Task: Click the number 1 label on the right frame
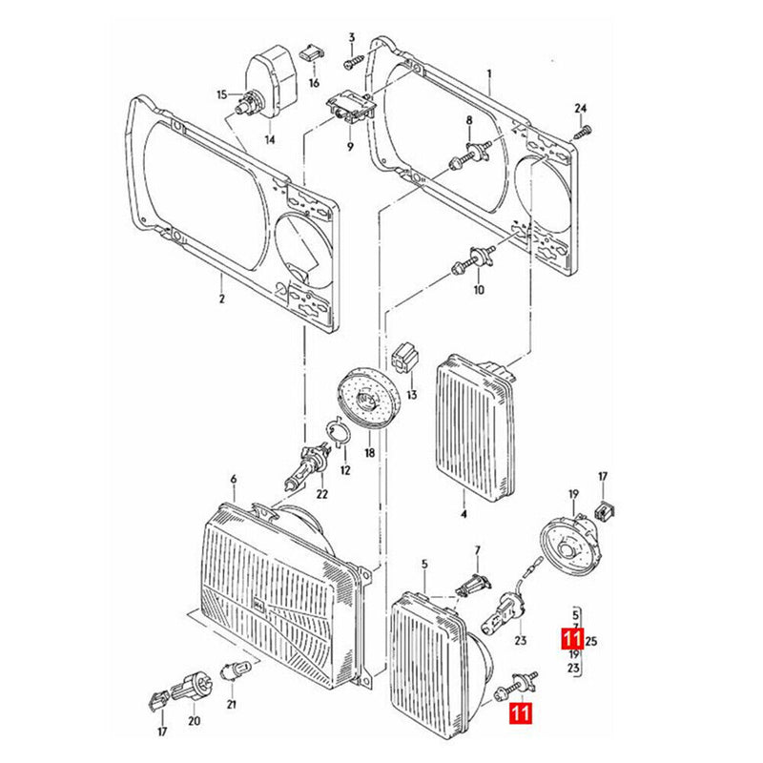(489, 73)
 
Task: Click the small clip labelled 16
(310, 52)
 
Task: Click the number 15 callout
(221, 94)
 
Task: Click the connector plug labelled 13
(405, 359)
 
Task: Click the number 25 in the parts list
(591, 640)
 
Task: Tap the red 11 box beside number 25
(571, 639)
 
